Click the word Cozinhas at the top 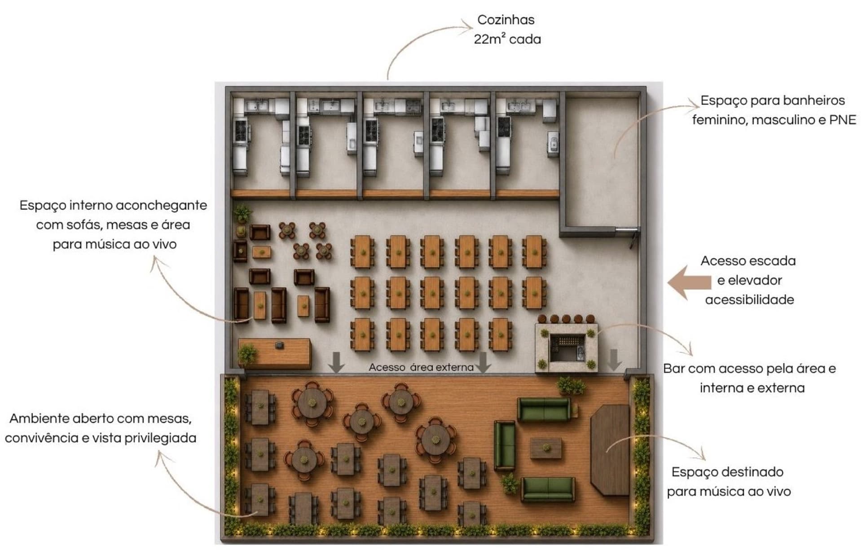pos(506,20)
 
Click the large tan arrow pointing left pos(689,282)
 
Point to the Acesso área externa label pos(421,367)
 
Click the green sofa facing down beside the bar pos(544,409)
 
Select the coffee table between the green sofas pos(546,448)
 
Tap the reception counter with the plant pos(275,353)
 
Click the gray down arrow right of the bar pos(615,360)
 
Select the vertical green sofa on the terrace pos(505,445)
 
